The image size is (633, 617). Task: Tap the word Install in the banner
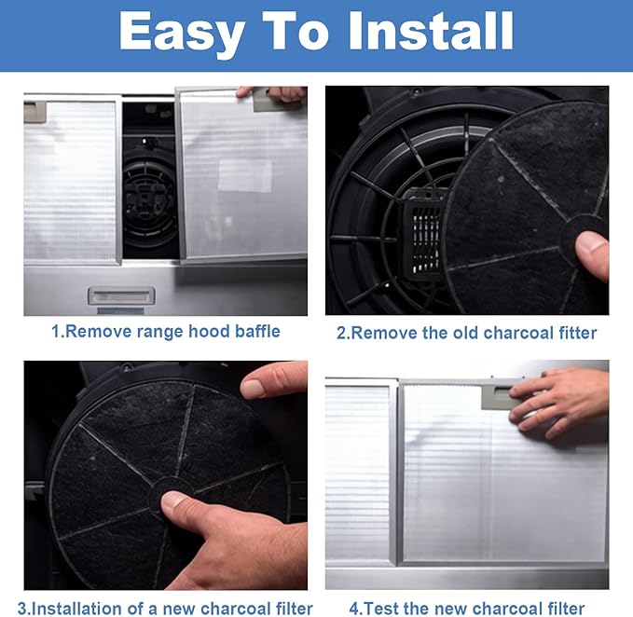pyautogui.click(x=431, y=31)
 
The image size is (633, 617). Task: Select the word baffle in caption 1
pyautogui.click(x=257, y=331)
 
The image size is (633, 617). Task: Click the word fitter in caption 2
pyautogui.click(x=577, y=333)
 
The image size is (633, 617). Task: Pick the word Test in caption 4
pyautogui.click(x=380, y=609)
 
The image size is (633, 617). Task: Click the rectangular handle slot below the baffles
pyautogui.click(x=121, y=295)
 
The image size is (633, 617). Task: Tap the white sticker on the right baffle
pyautogui.click(x=244, y=175)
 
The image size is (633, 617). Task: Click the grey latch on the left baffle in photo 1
pyautogui.click(x=35, y=112)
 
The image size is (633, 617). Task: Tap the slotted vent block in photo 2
pyautogui.click(x=424, y=234)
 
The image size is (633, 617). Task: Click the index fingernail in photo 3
pyautogui.click(x=254, y=388)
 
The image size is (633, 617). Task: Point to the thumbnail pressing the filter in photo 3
pyautogui.click(x=173, y=500)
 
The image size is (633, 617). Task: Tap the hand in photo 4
pyautogui.click(x=559, y=404)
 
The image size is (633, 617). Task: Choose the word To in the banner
pyautogui.click(x=296, y=31)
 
